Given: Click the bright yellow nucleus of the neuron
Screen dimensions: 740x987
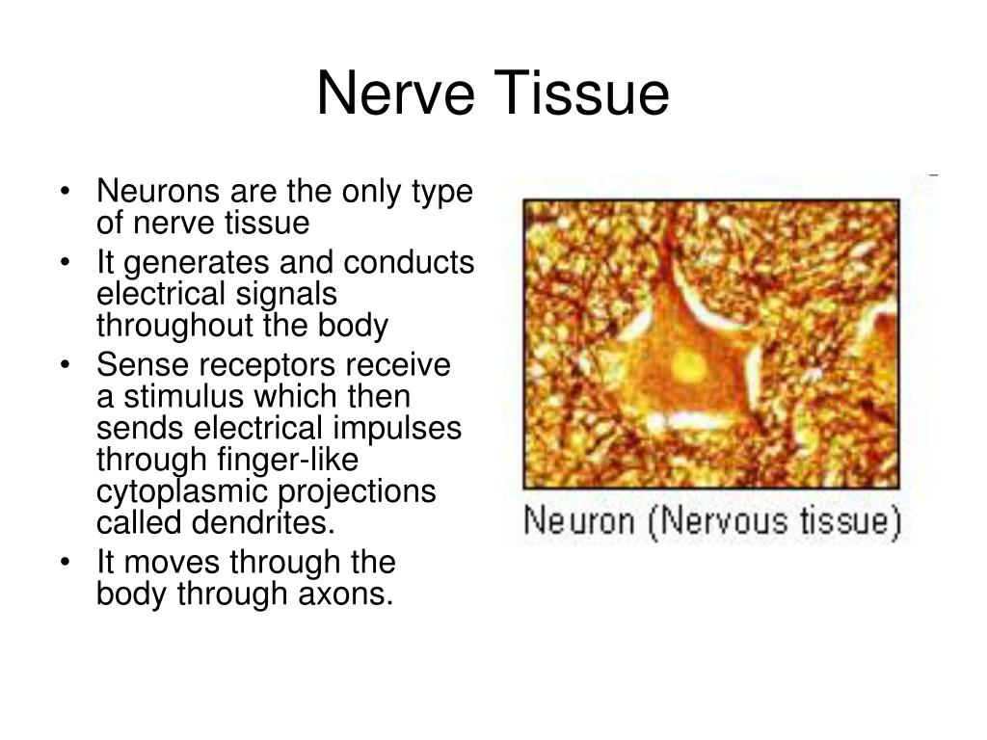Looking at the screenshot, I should (687, 364).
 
